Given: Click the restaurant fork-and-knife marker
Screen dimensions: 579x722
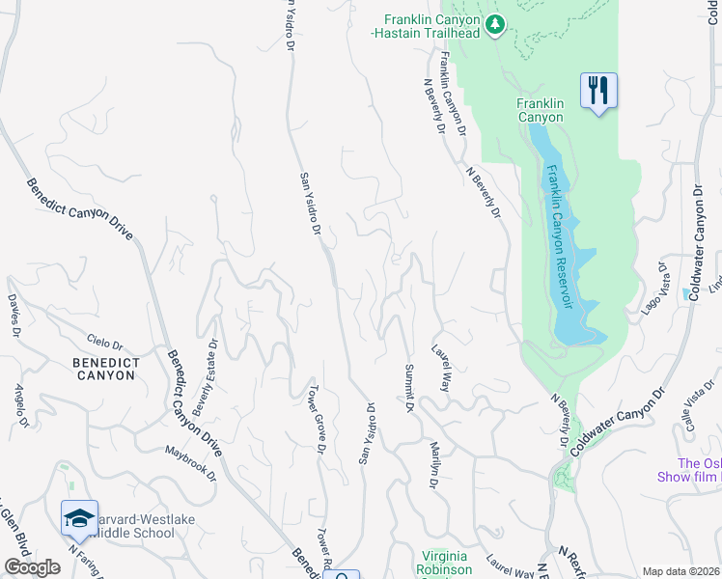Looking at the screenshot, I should (598, 92).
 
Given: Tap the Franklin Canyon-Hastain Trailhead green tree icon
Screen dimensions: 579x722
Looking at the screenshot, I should (495, 23).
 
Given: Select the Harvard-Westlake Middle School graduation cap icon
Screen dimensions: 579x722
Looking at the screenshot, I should (79, 519).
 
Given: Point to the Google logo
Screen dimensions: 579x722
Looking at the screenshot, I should (32, 567).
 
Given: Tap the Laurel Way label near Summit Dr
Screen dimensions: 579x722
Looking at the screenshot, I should (442, 368).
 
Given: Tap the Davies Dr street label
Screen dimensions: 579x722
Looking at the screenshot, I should (14, 316).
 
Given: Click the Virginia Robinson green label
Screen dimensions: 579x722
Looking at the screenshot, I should (446, 563).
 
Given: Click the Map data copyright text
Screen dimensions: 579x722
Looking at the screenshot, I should (680, 571).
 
